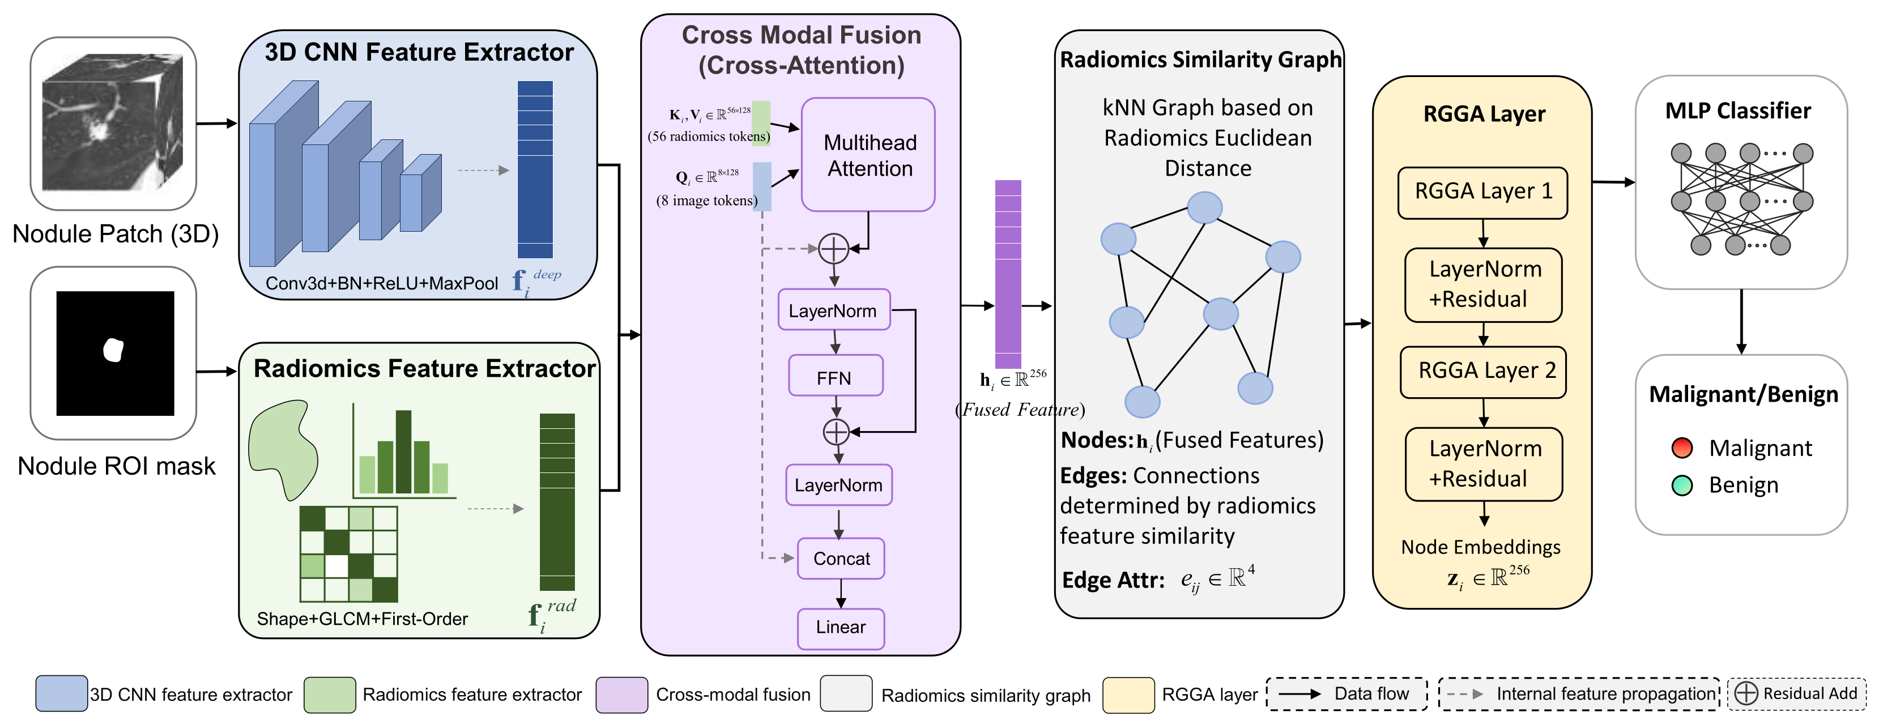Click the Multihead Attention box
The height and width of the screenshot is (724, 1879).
pos(868,155)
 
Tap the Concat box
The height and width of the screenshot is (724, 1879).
pos(841,559)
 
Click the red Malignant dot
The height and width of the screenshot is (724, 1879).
pos(1682,448)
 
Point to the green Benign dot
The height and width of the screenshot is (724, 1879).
pos(1682,485)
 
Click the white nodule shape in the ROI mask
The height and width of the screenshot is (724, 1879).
pos(113,350)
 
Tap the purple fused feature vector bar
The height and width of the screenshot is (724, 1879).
pos(1008,274)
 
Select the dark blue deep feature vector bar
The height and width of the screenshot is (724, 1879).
pos(535,169)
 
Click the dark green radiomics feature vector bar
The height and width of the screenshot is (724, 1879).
pos(557,501)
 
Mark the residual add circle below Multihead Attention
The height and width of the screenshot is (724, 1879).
pos(834,249)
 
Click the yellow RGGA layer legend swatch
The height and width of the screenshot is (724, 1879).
pos(1128,694)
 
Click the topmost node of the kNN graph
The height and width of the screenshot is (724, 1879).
pos(1204,208)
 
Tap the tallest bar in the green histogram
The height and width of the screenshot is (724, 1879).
pos(403,452)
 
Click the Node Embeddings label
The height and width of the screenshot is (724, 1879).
pos(1481,547)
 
